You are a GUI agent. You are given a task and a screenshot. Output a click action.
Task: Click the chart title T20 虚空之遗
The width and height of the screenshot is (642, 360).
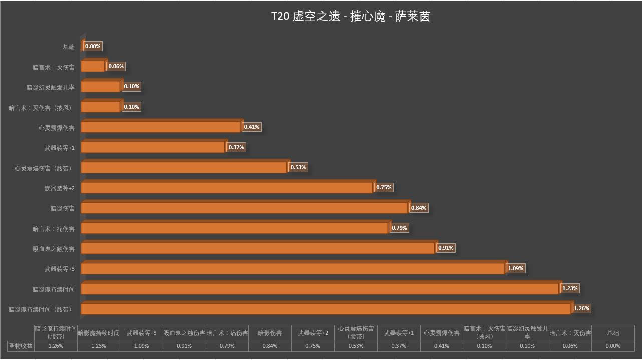pyautogui.click(x=351, y=17)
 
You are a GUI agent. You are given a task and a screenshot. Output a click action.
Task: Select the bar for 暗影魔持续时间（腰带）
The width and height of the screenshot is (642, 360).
pyautogui.click(x=326, y=309)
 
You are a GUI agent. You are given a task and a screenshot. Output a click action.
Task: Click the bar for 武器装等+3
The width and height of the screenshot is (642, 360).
pyautogui.click(x=292, y=269)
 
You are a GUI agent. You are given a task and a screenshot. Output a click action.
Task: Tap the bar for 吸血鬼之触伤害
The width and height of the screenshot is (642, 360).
pyautogui.click(x=257, y=248)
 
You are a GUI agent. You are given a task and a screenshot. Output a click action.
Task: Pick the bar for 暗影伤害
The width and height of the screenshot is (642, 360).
pyautogui.click(x=244, y=208)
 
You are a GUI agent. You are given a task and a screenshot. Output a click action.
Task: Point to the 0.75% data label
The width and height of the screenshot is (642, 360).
pyautogui.click(x=384, y=187)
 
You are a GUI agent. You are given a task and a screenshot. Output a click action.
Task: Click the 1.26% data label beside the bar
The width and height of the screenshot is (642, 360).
pyautogui.click(x=581, y=308)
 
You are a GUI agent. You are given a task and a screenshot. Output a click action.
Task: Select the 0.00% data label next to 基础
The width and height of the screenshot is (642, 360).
pyautogui.click(x=93, y=46)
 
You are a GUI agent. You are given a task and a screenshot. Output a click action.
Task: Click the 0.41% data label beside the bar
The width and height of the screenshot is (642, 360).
pyautogui.click(x=251, y=127)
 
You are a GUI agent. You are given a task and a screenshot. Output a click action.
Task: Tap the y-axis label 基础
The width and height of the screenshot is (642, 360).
pyautogui.click(x=68, y=47)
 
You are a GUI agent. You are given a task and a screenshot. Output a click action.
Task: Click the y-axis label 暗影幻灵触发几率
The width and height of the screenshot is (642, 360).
pyautogui.click(x=50, y=87)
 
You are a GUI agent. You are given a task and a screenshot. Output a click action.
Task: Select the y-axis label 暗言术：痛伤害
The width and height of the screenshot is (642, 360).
pyautogui.click(x=54, y=229)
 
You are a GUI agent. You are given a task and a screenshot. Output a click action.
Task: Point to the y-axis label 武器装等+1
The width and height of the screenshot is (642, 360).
pyautogui.click(x=59, y=148)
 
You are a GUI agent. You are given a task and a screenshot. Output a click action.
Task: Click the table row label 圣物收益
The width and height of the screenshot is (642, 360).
pyautogui.click(x=20, y=346)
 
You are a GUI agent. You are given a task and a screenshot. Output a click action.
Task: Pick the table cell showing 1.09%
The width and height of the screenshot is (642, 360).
pyautogui.click(x=141, y=346)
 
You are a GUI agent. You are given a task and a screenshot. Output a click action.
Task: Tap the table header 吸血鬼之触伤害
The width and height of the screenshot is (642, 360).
pyautogui.click(x=184, y=333)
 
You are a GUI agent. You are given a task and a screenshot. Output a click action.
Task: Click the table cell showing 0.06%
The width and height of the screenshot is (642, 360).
pyautogui.click(x=570, y=346)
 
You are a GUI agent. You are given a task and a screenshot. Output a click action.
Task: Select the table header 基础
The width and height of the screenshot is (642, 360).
pyautogui.click(x=613, y=333)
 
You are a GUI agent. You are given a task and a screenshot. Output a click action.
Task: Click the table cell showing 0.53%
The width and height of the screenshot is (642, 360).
pyautogui.click(x=356, y=346)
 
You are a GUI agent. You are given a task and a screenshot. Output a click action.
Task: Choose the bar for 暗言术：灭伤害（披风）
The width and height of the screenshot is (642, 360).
pyautogui.click(x=100, y=107)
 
